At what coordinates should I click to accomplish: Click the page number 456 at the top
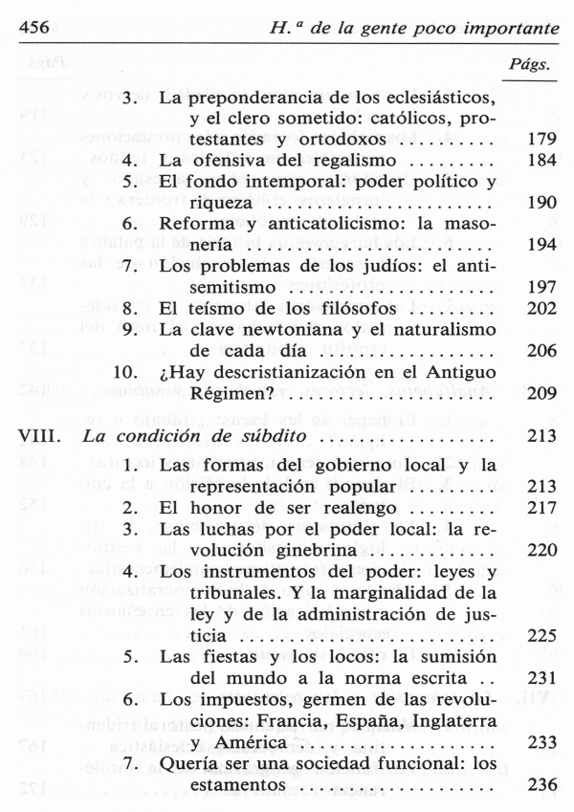coord(36,30)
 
